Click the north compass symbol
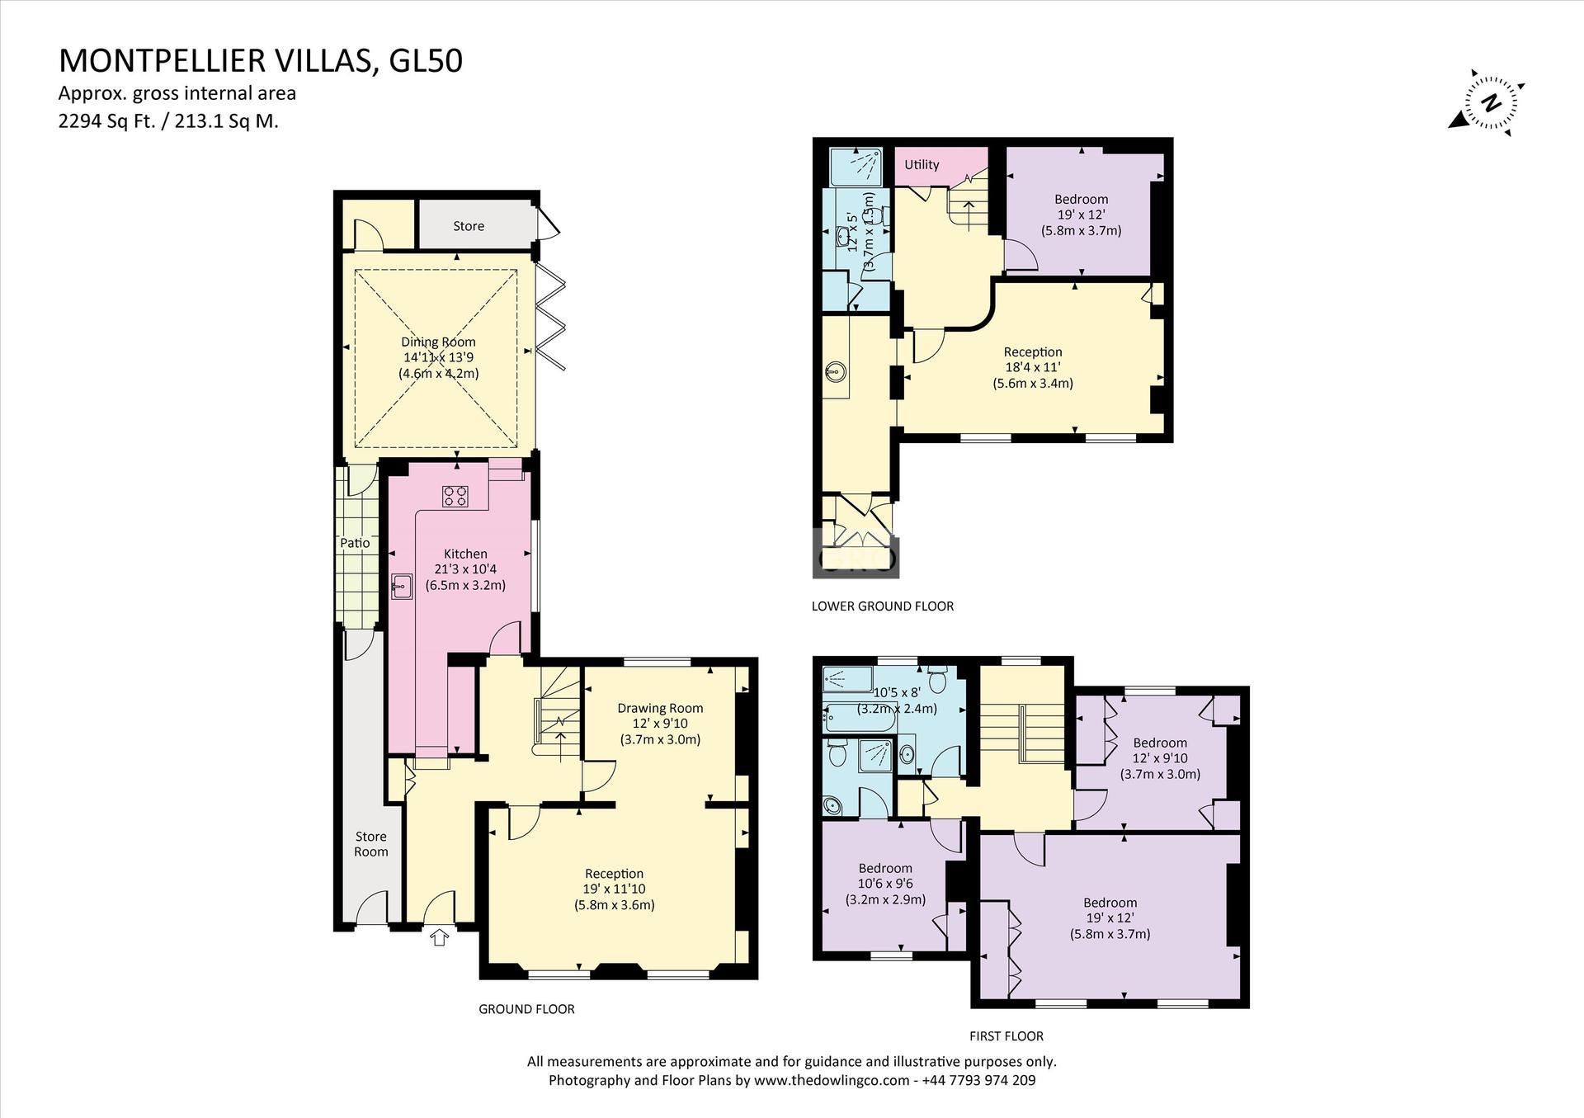[x=1489, y=104]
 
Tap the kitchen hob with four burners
[x=455, y=496]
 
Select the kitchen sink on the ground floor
[x=402, y=587]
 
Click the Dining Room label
[x=438, y=342]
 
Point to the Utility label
[x=922, y=164]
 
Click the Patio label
[x=356, y=543]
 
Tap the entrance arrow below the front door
[x=439, y=936]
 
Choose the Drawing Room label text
[x=660, y=708]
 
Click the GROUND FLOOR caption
[x=526, y=1008]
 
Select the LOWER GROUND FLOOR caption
[x=883, y=606]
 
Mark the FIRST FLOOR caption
[x=1006, y=1035]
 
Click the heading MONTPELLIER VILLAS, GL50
[x=261, y=61]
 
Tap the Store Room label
[x=371, y=844]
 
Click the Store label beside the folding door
[x=469, y=226]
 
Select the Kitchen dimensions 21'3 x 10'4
[x=465, y=569]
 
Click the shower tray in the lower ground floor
[x=856, y=167]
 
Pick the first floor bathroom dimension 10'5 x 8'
[x=898, y=693]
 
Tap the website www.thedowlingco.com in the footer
[x=833, y=1080]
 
